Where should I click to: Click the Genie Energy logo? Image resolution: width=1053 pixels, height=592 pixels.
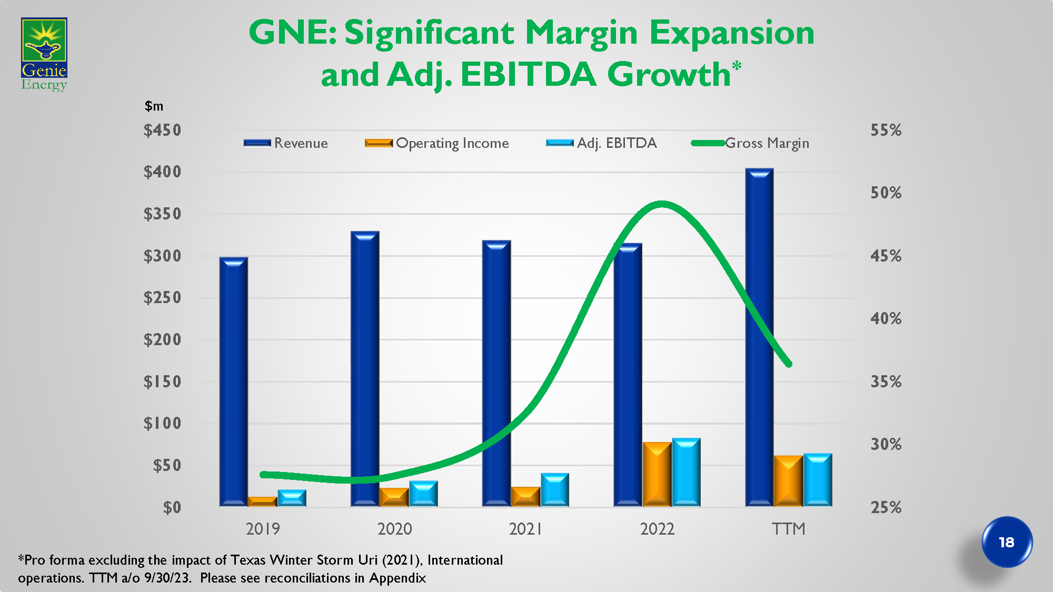click(x=44, y=54)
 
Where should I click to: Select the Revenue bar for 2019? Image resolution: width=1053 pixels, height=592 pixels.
click(x=233, y=382)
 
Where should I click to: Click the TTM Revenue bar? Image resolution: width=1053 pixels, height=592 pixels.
click(x=759, y=337)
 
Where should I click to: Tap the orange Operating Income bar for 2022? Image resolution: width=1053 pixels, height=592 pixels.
click(x=657, y=475)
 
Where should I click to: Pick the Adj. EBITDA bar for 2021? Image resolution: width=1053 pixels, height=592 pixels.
click(x=554, y=490)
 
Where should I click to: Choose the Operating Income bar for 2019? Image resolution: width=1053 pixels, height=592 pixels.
click(x=262, y=501)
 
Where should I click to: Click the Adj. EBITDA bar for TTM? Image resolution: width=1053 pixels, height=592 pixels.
click(x=818, y=480)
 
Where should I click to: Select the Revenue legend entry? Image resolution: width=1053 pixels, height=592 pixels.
click(x=286, y=143)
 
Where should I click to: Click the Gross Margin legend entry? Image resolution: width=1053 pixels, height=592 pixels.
click(x=750, y=143)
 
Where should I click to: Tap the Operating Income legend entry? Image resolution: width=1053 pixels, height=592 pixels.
click(x=437, y=143)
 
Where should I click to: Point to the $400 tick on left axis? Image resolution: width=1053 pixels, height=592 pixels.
click(x=162, y=172)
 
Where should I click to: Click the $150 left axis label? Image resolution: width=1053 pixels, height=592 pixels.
click(x=162, y=382)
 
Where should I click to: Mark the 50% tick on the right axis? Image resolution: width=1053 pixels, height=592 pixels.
click(x=886, y=193)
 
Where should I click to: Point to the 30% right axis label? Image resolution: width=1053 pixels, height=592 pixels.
click(x=886, y=445)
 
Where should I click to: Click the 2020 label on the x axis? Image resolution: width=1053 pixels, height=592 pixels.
click(x=394, y=529)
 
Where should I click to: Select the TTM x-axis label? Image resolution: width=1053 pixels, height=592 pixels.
click(x=788, y=529)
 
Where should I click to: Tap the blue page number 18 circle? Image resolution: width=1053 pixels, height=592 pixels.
click(x=1007, y=542)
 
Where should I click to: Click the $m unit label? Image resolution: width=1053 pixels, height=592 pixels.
click(x=154, y=106)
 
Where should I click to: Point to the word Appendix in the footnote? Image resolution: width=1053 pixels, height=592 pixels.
click(x=398, y=578)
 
